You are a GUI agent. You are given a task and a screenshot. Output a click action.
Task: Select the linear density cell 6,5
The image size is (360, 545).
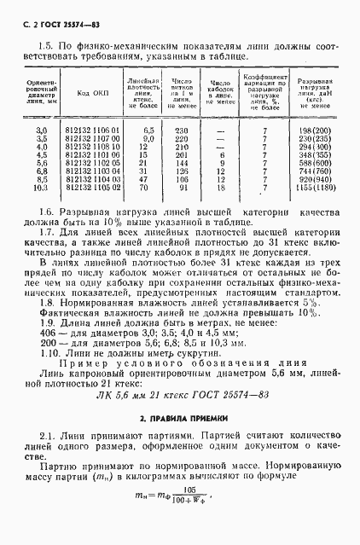pyautogui.click(x=148, y=129)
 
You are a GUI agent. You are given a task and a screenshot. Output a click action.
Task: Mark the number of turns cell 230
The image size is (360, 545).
pyautogui.click(x=181, y=129)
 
